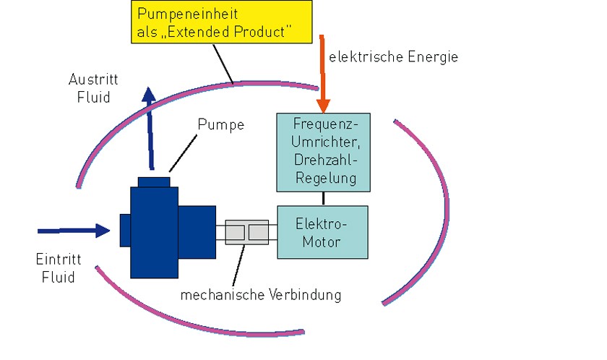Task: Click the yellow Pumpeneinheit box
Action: click(x=221, y=22)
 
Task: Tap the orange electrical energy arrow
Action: click(x=322, y=74)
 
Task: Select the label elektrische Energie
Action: click(x=393, y=57)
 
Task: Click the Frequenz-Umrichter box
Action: click(x=323, y=152)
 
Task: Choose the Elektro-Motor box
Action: click(x=322, y=232)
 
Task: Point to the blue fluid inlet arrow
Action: click(x=74, y=231)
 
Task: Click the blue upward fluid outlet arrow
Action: click(x=150, y=129)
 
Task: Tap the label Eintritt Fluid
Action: click(x=59, y=268)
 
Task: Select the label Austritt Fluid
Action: click(x=93, y=88)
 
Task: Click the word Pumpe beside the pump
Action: click(x=221, y=124)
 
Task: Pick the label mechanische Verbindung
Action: click(x=261, y=295)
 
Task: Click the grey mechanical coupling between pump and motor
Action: click(x=247, y=232)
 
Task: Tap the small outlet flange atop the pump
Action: click(x=154, y=182)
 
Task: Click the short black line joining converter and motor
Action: click(x=323, y=199)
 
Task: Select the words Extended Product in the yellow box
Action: click(x=229, y=31)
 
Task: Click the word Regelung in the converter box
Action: click(x=326, y=178)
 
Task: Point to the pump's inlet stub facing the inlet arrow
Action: click(x=125, y=231)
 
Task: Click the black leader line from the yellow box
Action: click(x=223, y=64)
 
